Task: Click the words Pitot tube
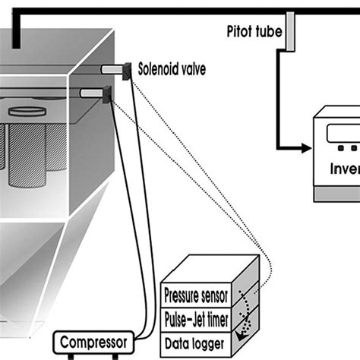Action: click(255, 32)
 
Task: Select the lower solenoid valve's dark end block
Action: click(106, 93)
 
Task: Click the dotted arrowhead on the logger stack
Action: click(242, 333)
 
